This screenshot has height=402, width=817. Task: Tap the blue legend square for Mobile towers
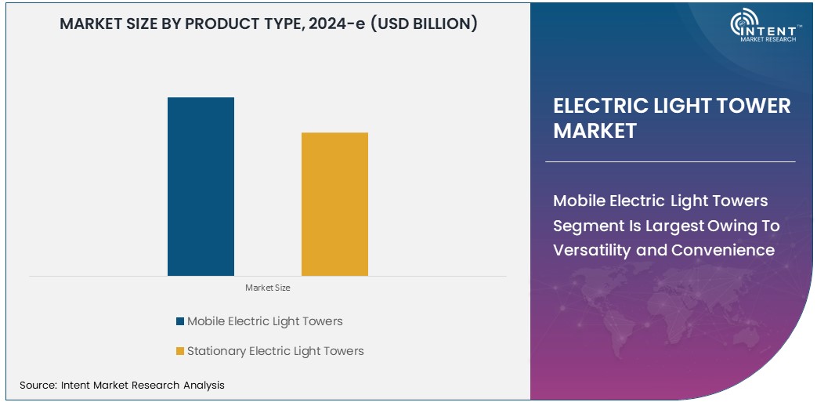coord(180,321)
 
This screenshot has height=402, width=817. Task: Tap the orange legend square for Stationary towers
coord(180,351)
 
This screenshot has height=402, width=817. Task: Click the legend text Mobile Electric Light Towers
coord(265,321)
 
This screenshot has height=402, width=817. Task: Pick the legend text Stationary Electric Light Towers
coord(275,351)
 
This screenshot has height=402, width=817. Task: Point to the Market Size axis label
coord(268,288)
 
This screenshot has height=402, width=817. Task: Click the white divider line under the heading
coord(670,161)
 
